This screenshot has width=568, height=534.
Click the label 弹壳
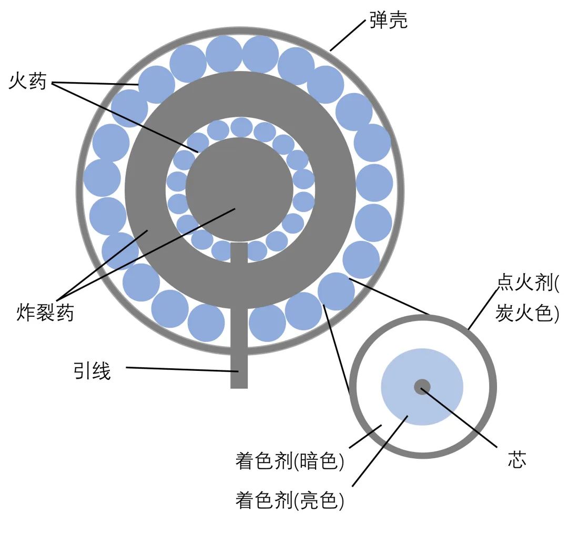click(x=388, y=21)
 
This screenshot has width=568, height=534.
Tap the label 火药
click(x=28, y=82)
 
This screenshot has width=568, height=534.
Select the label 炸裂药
click(x=45, y=313)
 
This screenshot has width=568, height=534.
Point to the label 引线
click(x=92, y=371)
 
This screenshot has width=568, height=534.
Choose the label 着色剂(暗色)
click(x=289, y=461)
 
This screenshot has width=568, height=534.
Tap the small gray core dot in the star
click(x=422, y=387)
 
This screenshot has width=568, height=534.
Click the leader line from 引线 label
click(x=179, y=369)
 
